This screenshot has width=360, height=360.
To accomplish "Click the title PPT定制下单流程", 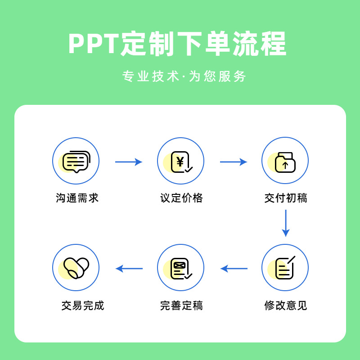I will (x=177, y=44).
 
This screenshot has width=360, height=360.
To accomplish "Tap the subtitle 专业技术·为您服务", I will (x=184, y=76).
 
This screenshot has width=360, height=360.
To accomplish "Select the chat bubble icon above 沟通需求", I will (x=76, y=161).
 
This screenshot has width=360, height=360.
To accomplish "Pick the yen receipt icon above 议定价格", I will (x=180, y=161).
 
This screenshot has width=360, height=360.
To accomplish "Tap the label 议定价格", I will (x=181, y=198).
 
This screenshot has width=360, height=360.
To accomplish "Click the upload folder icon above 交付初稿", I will (x=285, y=161).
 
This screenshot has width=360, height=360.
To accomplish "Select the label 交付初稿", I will (x=286, y=198).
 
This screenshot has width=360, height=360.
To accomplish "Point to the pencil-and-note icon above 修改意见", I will (x=285, y=268).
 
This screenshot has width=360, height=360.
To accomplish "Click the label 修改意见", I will (x=286, y=306).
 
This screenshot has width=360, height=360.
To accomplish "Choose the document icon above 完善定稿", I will (x=180, y=268).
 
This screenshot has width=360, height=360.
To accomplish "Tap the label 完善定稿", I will (x=181, y=306).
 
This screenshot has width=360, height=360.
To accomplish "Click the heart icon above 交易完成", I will (x=76, y=268).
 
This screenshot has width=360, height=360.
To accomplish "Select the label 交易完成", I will (x=83, y=306).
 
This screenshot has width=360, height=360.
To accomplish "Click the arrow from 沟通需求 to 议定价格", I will (x=129, y=162).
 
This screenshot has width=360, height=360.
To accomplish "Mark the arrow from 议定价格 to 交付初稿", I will (x=234, y=162).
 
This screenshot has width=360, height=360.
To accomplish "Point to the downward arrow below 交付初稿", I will (x=285, y=223).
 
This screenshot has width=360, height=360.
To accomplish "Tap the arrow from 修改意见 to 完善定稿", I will (x=234, y=269).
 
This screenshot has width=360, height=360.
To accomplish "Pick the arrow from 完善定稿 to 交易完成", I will (x=129, y=269).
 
